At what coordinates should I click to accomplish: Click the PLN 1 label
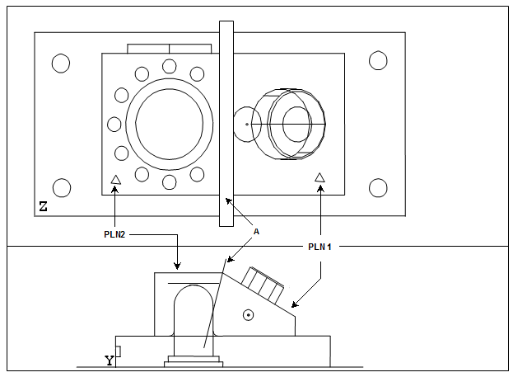[x=319, y=247]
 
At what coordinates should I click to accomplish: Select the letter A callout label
[x=256, y=233]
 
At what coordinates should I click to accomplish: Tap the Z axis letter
[x=43, y=206]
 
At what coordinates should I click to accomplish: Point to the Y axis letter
[x=109, y=360]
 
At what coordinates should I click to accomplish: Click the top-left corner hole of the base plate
[x=61, y=63]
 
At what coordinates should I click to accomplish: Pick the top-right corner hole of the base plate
[x=378, y=60]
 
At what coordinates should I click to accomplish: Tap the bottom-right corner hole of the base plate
[x=378, y=188]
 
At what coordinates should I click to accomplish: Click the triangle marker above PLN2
[x=115, y=179]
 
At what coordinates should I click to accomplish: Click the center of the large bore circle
[x=169, y=124]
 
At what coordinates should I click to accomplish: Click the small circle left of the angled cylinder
[x=245, y=125]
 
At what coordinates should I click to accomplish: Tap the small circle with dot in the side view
[x=248, y=314]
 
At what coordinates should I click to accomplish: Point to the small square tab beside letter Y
[x=119, y=352]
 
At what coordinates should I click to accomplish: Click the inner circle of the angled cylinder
[x=296, y=125]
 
